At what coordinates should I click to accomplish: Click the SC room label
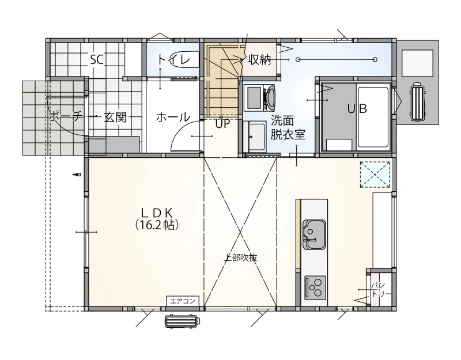coord(97,60)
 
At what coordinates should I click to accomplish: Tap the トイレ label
coord(173,60)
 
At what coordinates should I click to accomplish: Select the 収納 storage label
coord(259,60)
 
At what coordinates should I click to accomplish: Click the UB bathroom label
coord(357,109)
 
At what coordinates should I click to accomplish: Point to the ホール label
coord(173,118)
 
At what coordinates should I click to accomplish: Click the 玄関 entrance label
coord(116,118)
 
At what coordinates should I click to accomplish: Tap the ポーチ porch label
coord(65,117)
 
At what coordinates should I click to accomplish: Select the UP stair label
coord(222,124)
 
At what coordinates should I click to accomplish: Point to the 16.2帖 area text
coord(157,225)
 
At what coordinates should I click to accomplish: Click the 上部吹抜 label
coord(240,257)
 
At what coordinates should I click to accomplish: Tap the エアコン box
coord(183,301)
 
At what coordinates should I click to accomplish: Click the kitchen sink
coord(314,234)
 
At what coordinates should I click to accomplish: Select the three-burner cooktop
coord(315,287)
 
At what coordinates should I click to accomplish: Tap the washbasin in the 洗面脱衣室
coord(255,137)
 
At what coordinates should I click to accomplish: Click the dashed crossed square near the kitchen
coord(375,175)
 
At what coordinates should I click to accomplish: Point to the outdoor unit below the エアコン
coord(182,321)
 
